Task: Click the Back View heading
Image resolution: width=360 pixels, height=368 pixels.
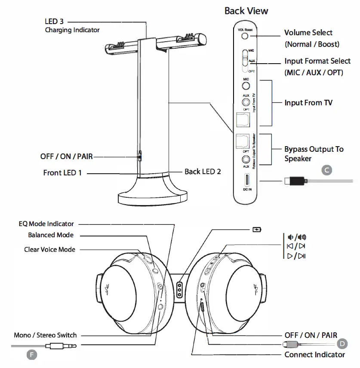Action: click(x=246, y=11)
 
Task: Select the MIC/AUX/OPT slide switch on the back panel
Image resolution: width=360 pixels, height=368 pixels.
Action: click(x=245, y=61)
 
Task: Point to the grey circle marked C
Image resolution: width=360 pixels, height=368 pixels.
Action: click(x=327, y=170)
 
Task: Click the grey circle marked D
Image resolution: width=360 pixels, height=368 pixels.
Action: click(x=342, y=343)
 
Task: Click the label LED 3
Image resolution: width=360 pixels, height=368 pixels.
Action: click(x=54, y=21)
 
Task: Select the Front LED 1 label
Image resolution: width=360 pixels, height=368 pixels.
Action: click(x=62, y=173)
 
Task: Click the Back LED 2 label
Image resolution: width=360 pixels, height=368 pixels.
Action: click(x=203, y=171)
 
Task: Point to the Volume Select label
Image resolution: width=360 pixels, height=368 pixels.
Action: click(x=308, y=33)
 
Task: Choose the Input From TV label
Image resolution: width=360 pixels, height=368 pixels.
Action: click(x=309, y=103)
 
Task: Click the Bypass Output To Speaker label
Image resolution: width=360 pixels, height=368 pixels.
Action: click(x=314, y=153)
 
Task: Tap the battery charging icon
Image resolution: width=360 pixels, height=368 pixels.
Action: click(x=256, y=230)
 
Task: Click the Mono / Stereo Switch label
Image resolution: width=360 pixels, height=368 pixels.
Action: click(x=45, y=335)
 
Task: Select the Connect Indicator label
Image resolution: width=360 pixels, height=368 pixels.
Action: click(x=314, y=355)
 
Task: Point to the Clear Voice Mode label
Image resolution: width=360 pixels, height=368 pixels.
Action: click(x=49, y=249)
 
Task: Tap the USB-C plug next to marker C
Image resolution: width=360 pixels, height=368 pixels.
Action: click(x=297, y=181)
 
